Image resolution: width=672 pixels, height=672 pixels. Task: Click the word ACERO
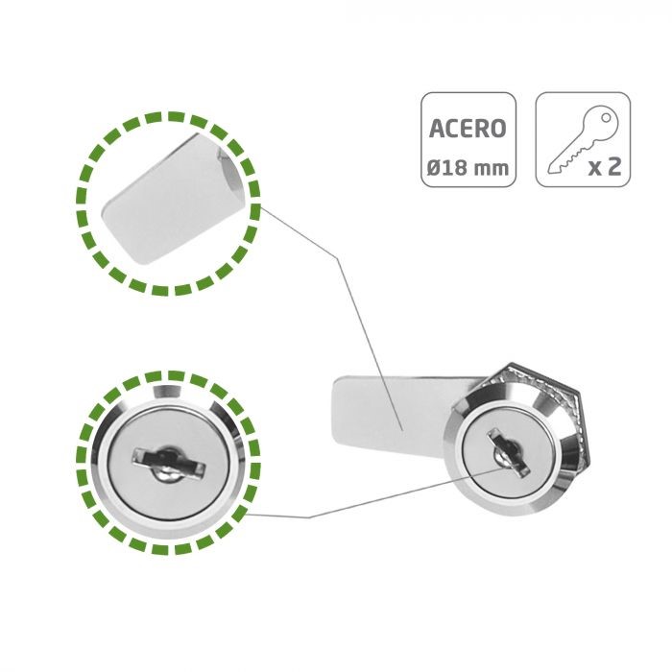coord(468,128)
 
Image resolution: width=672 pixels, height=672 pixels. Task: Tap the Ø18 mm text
coord(468,167)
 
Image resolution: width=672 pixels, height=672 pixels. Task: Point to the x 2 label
coord(604,166)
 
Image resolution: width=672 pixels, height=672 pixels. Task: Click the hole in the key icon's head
coord(606,117)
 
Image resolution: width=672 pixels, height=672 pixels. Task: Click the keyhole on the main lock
coord(508,452)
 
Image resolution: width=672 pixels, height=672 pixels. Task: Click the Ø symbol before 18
coord(434,167)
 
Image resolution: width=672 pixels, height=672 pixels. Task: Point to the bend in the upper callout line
coord(338,258)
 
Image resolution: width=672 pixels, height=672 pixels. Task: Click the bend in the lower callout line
coord(308,517)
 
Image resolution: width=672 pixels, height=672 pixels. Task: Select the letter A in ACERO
coord(437,128)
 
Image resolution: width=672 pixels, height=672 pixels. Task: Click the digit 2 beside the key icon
coord(613,166)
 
